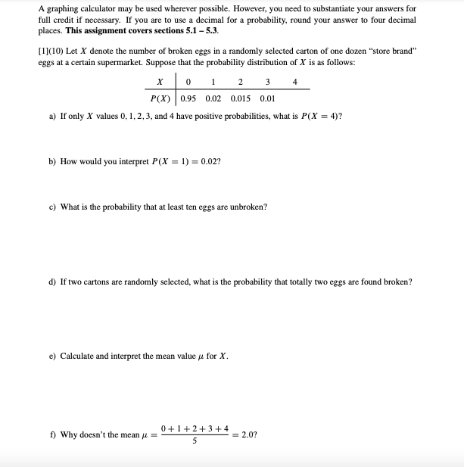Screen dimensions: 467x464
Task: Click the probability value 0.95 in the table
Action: point(188,98)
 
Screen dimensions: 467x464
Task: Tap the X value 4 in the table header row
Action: point(294,82)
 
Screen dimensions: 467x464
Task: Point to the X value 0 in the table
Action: point(188,82)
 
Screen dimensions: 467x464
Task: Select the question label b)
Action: point(51,161)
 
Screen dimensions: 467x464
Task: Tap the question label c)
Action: point(51,207)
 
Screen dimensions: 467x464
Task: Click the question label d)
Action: point(51,282)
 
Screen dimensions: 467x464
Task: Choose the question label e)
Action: point(51,356)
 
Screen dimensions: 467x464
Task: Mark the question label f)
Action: point(51,434)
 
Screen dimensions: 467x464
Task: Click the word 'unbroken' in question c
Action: point(248,207)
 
